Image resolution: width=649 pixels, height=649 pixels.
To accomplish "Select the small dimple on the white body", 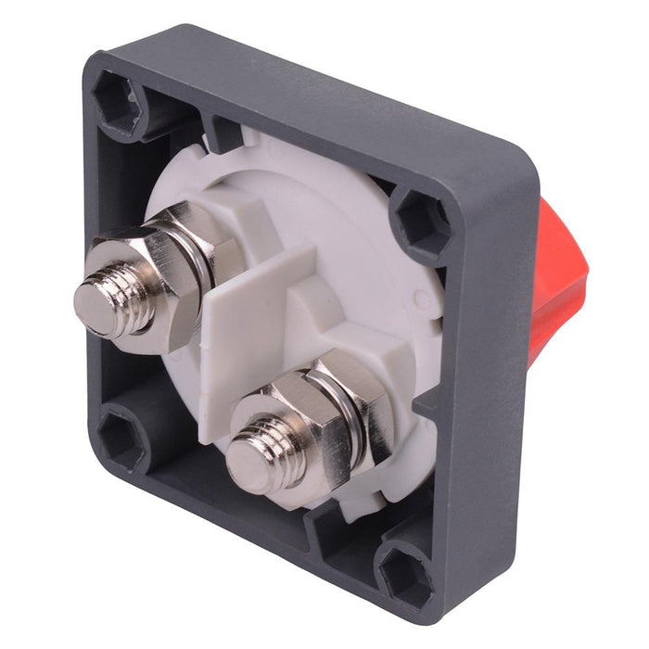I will (x=424, y=299).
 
